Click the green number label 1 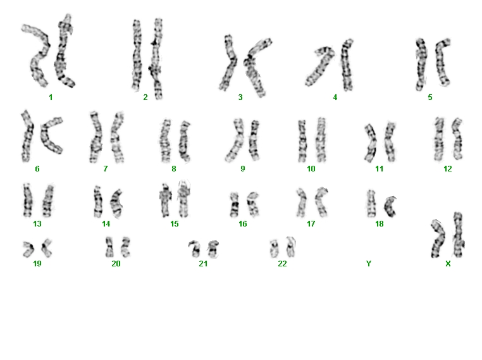point(51,97)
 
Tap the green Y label point(369,264)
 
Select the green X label point(448,264)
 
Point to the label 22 point(282,264)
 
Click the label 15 point(175,224)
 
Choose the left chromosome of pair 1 point(39,55)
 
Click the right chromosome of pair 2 point(156,58)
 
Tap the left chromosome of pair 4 point(319,65)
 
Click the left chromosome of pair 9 point(236,140)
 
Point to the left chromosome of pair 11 point(371,143)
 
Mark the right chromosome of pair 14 point(116,203)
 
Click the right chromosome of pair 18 point(389,207)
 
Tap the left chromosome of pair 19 point(28,249)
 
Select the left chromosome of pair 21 point(195,249)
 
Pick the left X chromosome point(438,239)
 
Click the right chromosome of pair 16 point(253,204)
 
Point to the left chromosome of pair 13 point(28,200)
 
